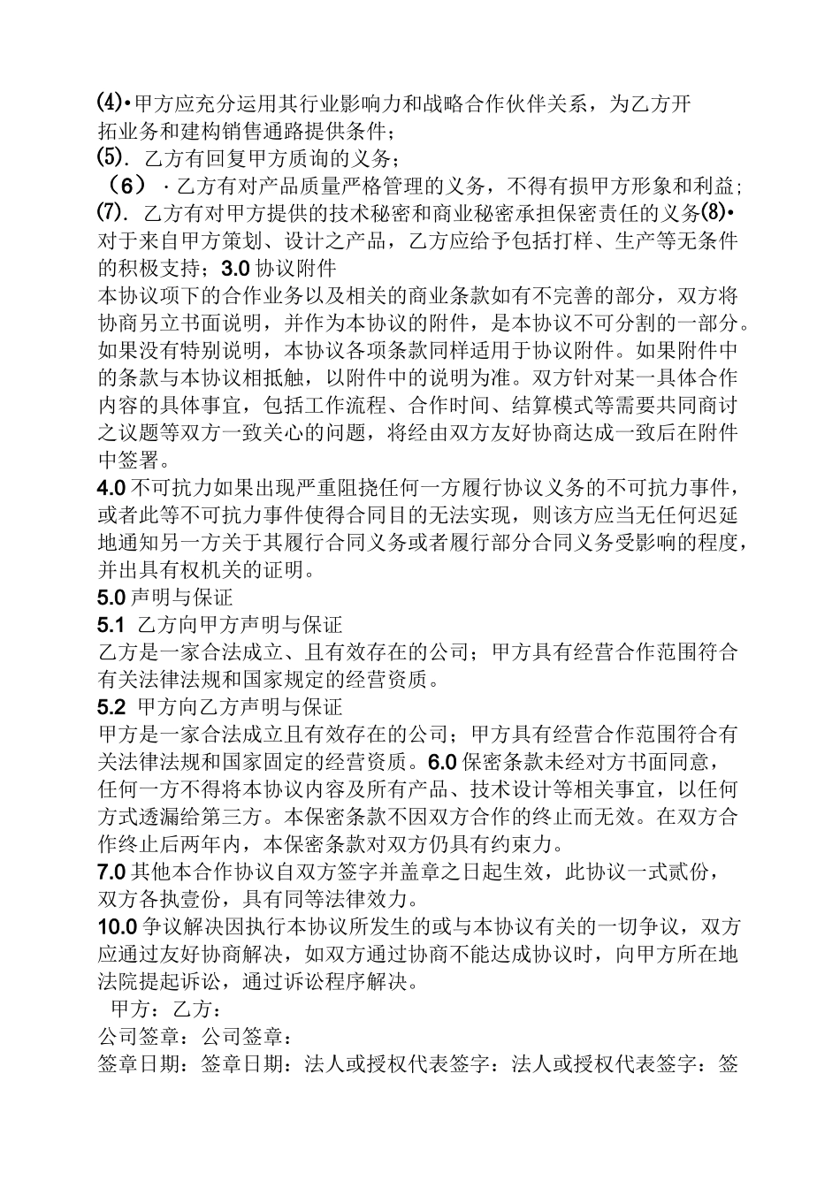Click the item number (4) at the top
[109, 104]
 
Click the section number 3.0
[238, 268]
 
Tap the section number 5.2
[111, 706]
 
